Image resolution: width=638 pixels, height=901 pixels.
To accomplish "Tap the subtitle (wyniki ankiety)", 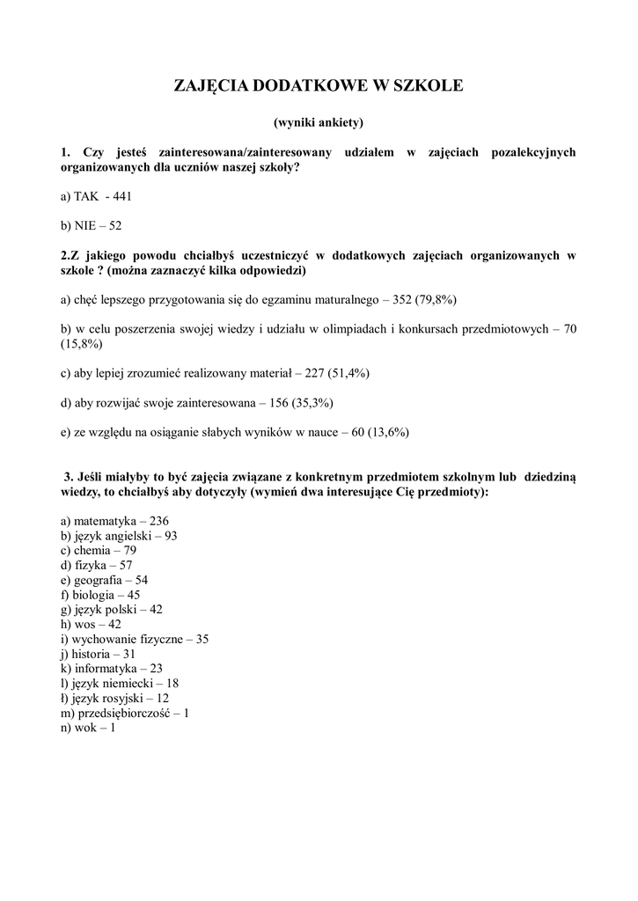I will (x=319, y=121).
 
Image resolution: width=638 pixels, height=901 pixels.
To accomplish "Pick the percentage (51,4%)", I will (x=349, y=373).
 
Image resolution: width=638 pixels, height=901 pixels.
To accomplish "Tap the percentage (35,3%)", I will (x=313, y=402).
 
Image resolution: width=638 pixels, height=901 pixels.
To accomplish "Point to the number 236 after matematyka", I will (x=158, y=521).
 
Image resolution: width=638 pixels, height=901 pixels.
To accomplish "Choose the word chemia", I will (x=93, y=550).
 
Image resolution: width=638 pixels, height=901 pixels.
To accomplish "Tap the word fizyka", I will (x=91, y=565).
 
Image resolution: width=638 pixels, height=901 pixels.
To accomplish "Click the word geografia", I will (x=99, y=580).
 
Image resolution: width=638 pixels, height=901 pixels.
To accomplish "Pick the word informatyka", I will (x=105, y=669).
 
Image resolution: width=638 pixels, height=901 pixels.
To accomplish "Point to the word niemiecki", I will (x=129, y=683).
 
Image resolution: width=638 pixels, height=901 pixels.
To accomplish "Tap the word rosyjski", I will (x=124, y=698).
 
